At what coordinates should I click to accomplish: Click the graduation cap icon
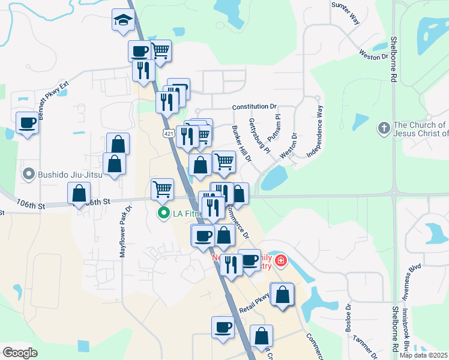tap(123, 20)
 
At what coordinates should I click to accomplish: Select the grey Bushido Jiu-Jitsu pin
tap(27, 175)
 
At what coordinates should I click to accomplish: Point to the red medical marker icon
tap(280, 262)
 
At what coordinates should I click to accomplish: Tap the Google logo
tap(20, 353)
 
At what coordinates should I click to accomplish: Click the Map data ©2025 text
tap(423, 355)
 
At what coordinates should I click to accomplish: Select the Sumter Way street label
tap(346, 13)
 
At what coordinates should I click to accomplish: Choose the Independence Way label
tap(315, 131)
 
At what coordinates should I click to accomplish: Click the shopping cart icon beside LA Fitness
tap(162, 189)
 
